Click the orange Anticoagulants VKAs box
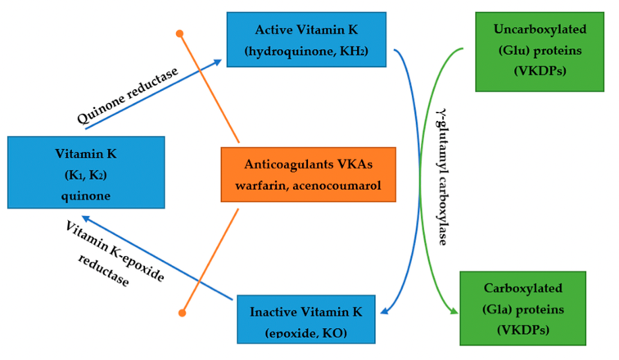pyautogui.click(x=308, y=173)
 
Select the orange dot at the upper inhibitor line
pyautogui.click(x=180, y=34)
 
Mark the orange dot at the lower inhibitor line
pyautogui.click(x=183, y=313)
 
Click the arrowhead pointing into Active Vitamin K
pyautogui.click(x=221, y=61)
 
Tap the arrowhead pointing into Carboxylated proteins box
pyautogui.click(x=454, y=310)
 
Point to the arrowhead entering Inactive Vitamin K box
pyautogui.click(x=381, y=310)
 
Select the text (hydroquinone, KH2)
pyautogui.click(x=306, y=52)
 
